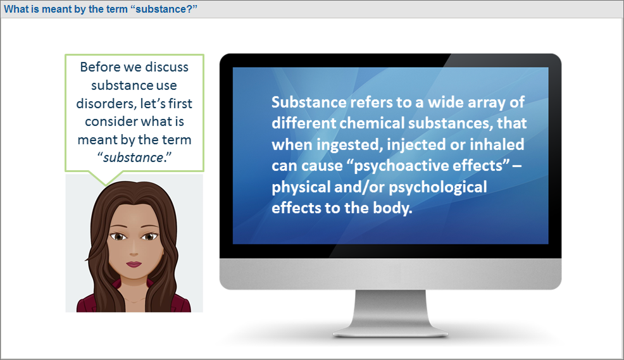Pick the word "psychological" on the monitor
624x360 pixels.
pos(438,188)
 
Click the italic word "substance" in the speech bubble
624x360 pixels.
pos(134,158)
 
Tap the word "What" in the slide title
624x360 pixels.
pos(16,9)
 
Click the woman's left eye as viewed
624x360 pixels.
pos(118,237)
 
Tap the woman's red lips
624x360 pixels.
pos(134,264)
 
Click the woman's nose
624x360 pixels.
pos(134,250)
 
